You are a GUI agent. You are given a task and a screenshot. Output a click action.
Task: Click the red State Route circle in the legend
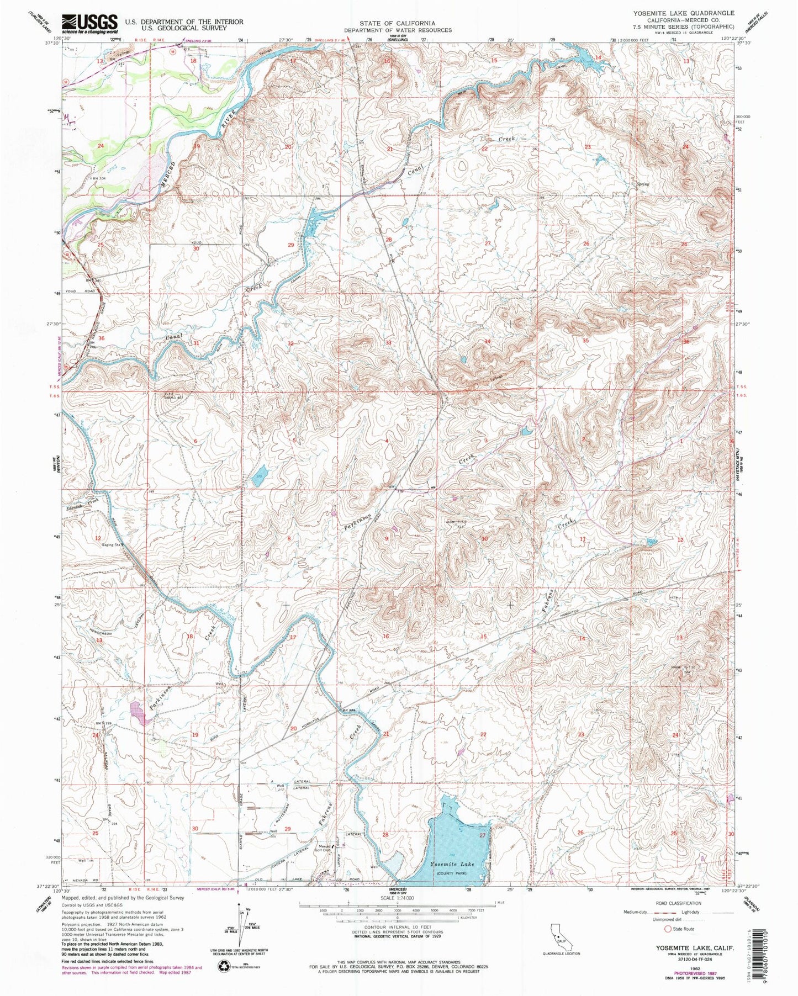[668, 929]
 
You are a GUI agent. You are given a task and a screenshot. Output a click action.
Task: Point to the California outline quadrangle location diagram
[561, 936]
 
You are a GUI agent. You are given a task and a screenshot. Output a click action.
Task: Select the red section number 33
[389, 343]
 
